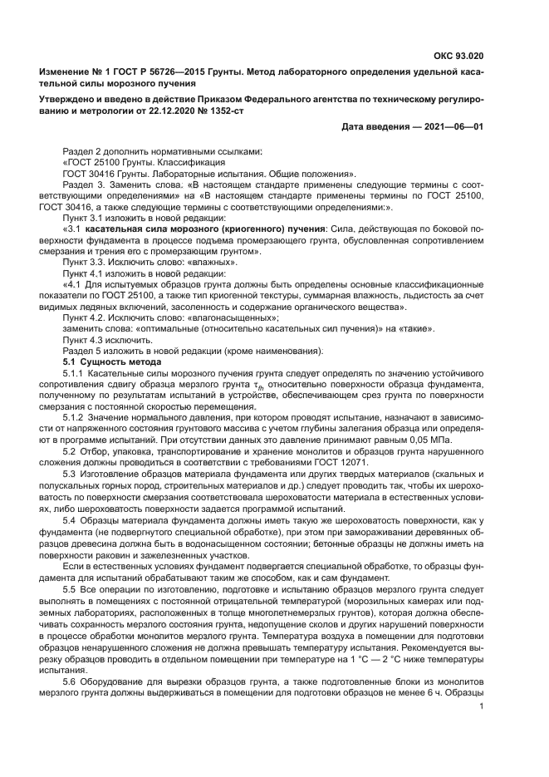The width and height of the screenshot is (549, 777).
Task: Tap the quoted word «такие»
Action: (413, 329)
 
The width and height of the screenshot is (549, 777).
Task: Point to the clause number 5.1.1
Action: (75, 375)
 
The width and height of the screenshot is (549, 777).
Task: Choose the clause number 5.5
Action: (70, 588)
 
